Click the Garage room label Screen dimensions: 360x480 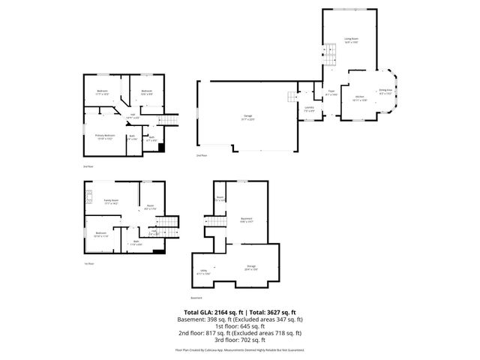point(247,116)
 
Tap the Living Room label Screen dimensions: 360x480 point(349,40)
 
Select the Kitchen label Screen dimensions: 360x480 point(359,98)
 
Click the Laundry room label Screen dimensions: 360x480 point(309,109)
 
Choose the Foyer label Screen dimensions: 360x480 point(330,92)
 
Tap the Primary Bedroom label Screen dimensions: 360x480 point(103,136)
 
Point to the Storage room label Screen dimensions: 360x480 point(251,268)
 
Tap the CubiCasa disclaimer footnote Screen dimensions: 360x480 point(240,349)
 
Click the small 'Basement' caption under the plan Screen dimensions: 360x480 point(196,297)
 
